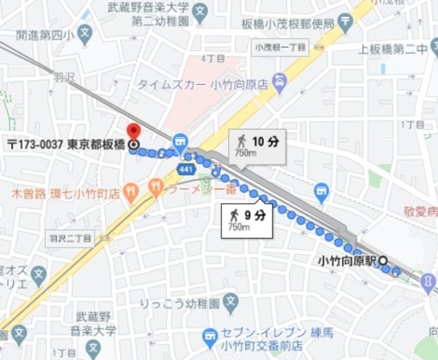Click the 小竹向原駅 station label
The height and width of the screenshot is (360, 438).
coord(348,261)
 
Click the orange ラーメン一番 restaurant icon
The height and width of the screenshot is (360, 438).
coord(157,186)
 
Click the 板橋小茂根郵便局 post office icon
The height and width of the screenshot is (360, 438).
coord(346,23)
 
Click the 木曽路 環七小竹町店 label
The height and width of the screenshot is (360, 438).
coord(65,194)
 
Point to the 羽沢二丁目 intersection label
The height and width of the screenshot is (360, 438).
coord(70,238)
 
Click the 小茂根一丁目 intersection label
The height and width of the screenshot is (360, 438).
coord(280,47)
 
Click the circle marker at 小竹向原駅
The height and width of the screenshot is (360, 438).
coord(383,261)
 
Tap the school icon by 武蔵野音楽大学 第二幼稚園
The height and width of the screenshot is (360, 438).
coord(199,11)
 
